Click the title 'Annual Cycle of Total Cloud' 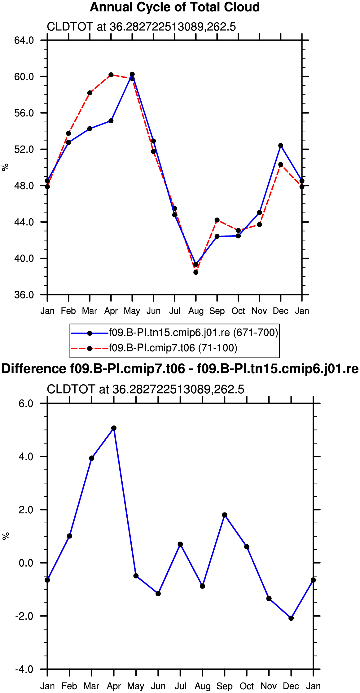175,7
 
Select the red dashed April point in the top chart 111,75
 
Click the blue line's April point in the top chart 111,121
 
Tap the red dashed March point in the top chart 90,93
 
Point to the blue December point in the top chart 281,146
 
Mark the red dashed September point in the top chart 217,220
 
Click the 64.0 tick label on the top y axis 24,40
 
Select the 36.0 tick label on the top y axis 24,295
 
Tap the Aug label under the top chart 196,311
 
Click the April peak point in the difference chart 114,428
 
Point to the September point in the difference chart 225,515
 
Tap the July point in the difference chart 180,544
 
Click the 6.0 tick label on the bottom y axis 26,404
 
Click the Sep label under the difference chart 225,686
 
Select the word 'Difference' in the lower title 34,369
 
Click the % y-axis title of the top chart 5,168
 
